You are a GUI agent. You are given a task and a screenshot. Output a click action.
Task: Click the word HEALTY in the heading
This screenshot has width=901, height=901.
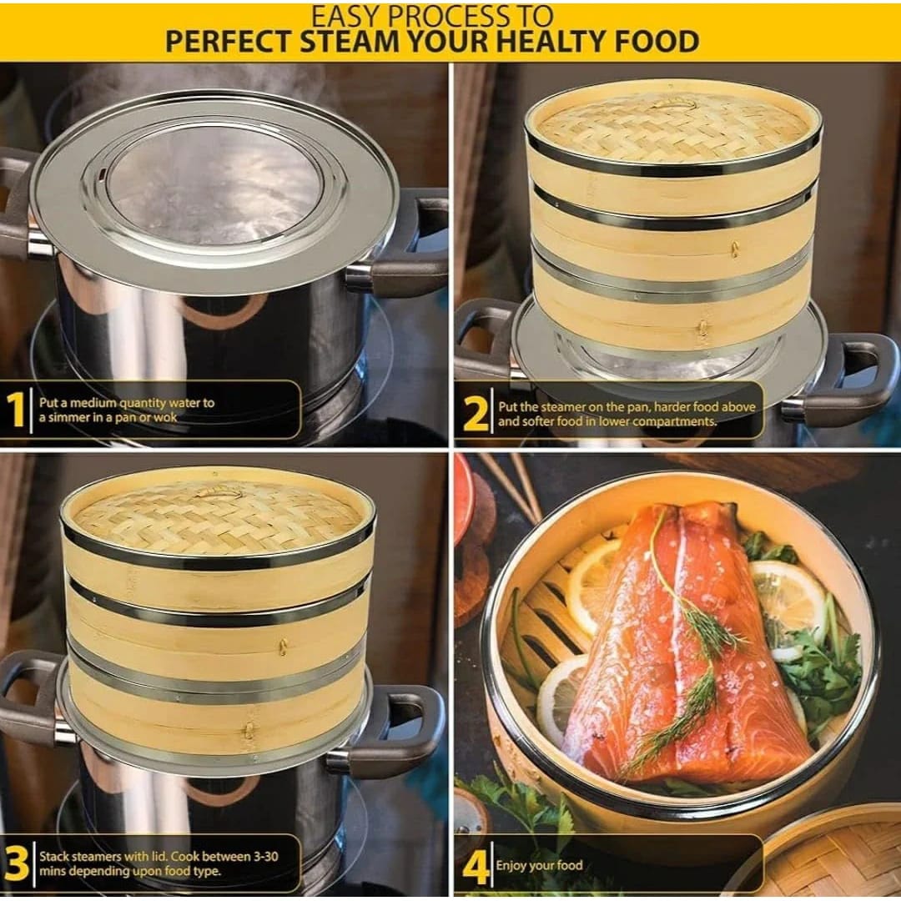pos(549,42)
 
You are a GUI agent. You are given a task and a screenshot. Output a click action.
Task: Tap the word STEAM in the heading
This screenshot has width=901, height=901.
pos(349,42)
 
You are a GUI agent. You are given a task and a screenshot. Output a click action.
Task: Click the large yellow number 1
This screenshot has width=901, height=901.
pos(16,409)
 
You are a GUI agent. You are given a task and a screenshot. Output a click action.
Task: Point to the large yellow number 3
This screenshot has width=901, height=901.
pos(17,863)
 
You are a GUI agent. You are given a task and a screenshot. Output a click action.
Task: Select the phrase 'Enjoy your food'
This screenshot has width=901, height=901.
pos(540,866)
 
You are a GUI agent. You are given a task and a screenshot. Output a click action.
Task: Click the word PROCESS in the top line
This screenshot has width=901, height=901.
pos(432,16)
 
